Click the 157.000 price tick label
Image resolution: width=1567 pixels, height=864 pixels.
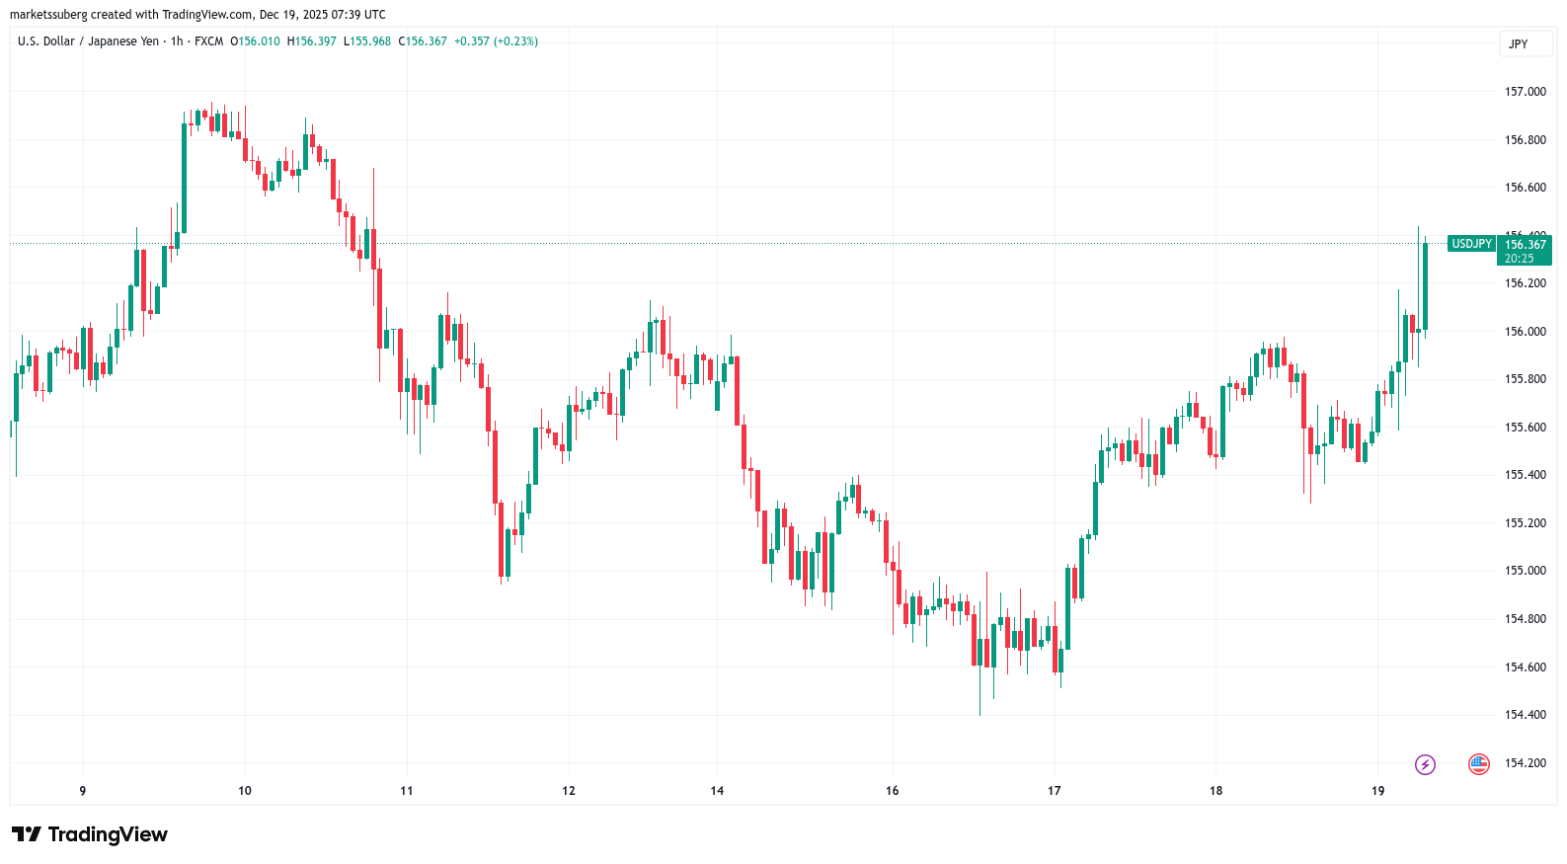(1525, 92)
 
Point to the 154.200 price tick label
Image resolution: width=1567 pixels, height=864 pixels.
(1525, 763)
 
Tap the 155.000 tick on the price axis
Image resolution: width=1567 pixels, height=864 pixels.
(1525, 571)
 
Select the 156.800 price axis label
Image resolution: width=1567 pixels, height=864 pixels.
(1525, 140)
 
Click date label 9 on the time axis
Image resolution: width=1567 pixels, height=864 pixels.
(83, 791)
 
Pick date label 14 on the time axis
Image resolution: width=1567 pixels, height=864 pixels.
(717, 791)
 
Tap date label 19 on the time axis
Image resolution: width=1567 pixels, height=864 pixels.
(1377, 791)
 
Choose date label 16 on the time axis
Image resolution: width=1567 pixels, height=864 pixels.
(892, 791)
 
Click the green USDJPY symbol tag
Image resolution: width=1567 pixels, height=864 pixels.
(1471, 244)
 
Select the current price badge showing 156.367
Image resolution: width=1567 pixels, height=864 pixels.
(1525, 245)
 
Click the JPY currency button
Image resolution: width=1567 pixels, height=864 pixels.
(1519, 44)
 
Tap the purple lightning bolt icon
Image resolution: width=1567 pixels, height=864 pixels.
(1425, 764)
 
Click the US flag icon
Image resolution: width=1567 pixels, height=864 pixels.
(1478, 764)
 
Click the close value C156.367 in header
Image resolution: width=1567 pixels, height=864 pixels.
(423, 41)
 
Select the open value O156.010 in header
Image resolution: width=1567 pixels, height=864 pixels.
(255, 41)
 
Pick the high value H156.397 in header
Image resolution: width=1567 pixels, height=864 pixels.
(311, 41)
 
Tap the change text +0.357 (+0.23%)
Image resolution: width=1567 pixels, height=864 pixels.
(496, 41)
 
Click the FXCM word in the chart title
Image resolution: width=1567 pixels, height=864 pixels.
(208, 41)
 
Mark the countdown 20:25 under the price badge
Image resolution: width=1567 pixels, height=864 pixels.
(1519, 259)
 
